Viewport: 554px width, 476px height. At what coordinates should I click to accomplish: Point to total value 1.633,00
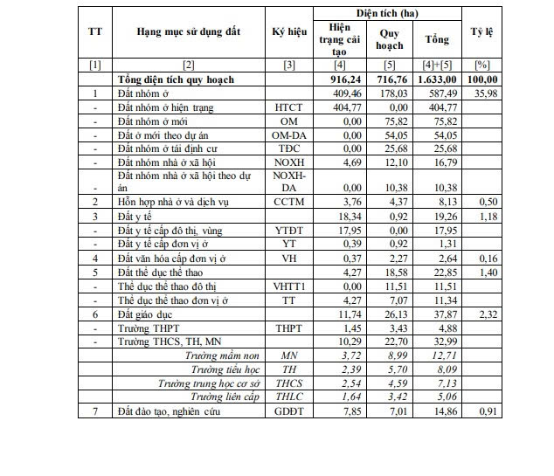point(436,79)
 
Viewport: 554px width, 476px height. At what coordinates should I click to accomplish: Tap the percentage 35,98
point(482,93)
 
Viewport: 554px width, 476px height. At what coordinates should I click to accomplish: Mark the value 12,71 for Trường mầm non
point(436,355)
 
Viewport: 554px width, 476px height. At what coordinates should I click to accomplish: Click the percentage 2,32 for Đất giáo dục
point(482,314)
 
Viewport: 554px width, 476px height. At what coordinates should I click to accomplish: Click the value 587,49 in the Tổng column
point(436,93)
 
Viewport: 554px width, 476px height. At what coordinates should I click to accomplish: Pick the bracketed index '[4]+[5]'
point(436,66)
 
